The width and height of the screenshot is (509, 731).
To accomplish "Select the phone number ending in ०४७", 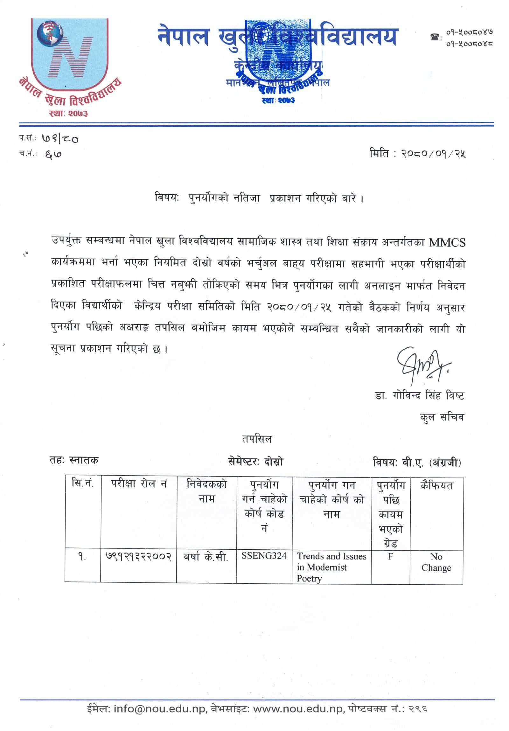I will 470,32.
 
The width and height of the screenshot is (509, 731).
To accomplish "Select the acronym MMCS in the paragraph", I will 447,243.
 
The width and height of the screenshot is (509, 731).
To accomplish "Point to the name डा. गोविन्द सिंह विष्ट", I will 419,396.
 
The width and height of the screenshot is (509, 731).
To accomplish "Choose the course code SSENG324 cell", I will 264,556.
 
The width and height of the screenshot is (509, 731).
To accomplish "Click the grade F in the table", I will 390,556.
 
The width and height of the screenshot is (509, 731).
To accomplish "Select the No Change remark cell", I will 436,562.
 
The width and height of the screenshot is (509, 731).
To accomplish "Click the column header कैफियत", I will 436,485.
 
